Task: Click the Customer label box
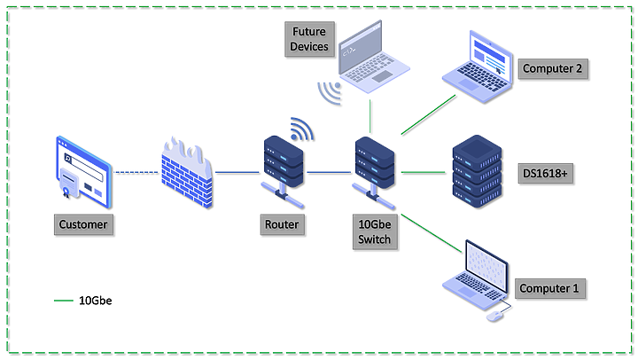click(83, 224)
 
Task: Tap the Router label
click(281, 224)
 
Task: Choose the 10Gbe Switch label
click(373, 232)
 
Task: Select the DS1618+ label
click(545, 172)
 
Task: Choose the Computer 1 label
click(551, 288)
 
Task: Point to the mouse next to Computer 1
click(494, 315)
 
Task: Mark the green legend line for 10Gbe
click(64, 301)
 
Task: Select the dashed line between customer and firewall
click(135, 172)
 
